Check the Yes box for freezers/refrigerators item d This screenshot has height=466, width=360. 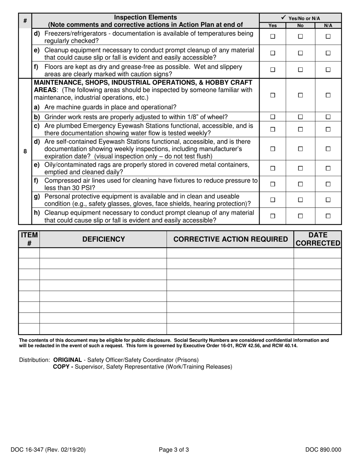point(272,37)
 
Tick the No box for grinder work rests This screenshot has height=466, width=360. point(301,117)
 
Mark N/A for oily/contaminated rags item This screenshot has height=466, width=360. point(328,168)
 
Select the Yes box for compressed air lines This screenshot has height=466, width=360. point(272,184)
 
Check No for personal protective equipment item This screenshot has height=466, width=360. point(301,200)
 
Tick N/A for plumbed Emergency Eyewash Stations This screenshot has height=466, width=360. point(328,130)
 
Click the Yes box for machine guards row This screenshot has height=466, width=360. point(272,96)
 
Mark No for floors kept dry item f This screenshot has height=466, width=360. point(301,70)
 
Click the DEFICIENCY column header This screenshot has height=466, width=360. point(103,239)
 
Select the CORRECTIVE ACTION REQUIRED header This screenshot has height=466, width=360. point(230,239)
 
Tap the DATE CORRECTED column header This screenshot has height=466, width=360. point(318,239)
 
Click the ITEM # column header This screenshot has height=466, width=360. point(29,239)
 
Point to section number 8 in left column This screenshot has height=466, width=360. point(25,152)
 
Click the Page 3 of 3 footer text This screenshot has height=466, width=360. point(174,450)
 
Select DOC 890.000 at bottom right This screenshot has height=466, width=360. point(323,450)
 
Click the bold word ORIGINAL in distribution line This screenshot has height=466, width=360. point(67,360)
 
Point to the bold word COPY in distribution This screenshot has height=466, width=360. point(62,367)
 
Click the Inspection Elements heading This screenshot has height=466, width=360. point(146,17)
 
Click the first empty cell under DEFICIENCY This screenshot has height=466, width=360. point(103,253)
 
